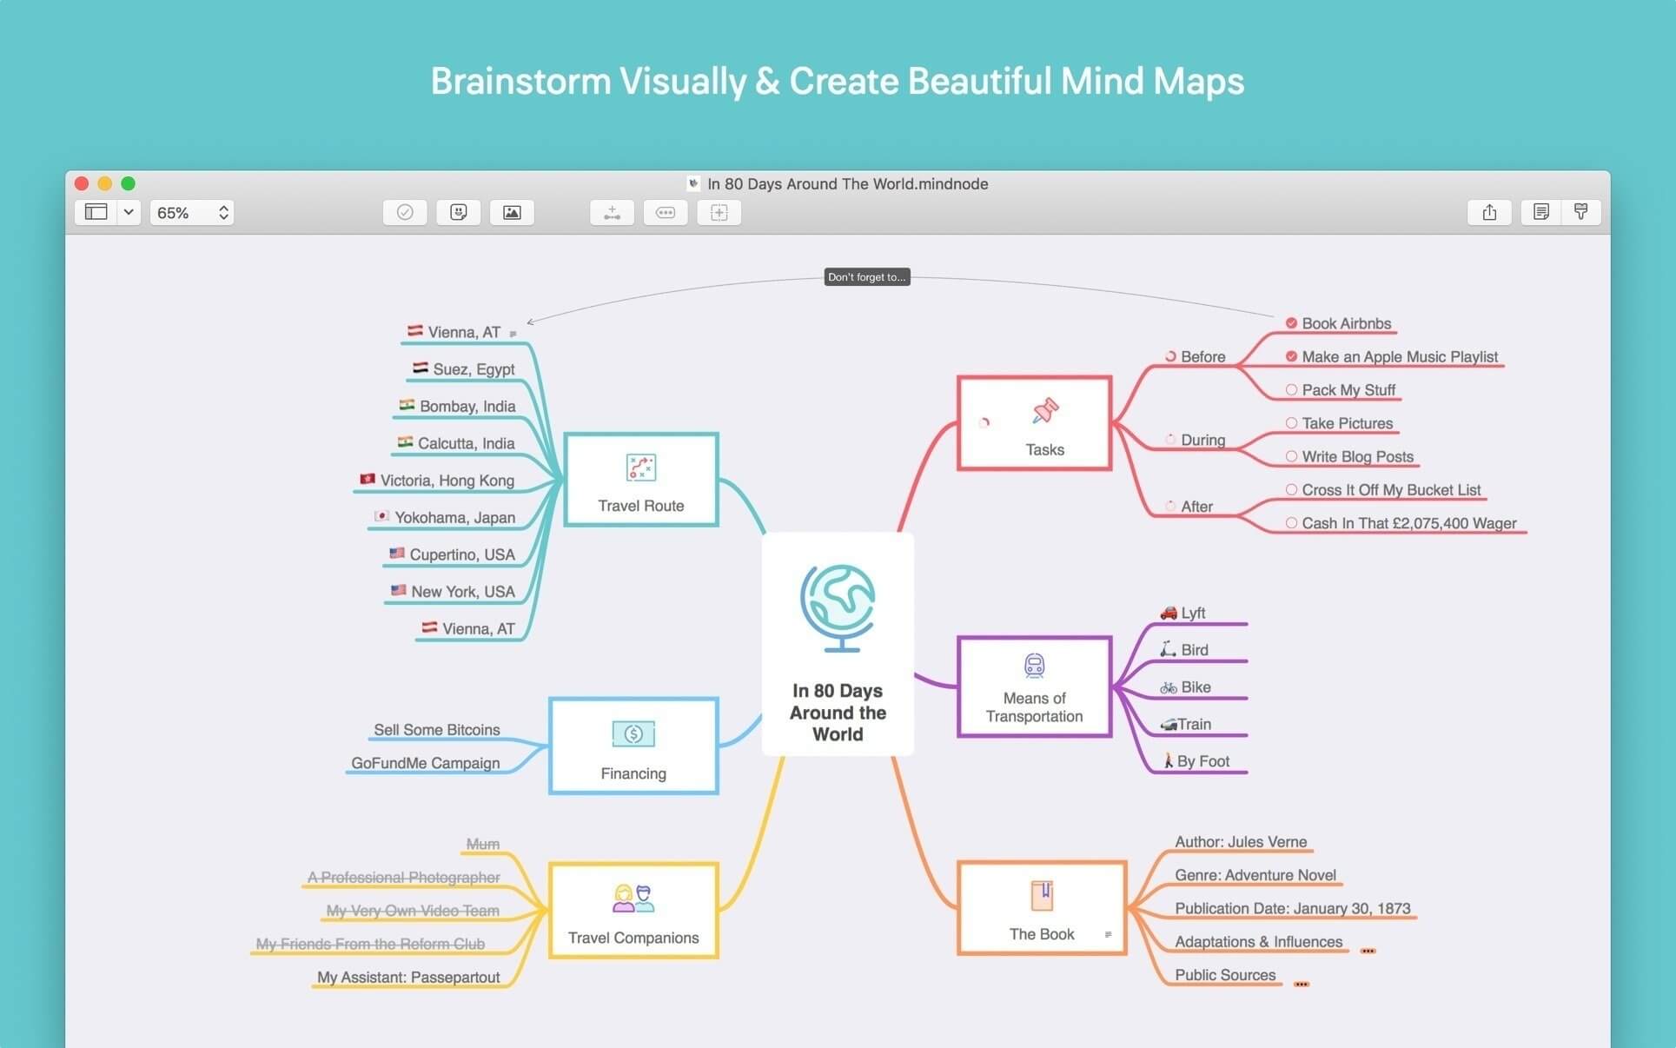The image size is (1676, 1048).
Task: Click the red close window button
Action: (82, 183)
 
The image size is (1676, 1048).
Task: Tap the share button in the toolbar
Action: (1489, 213)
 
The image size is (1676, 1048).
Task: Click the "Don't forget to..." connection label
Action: (866, 277)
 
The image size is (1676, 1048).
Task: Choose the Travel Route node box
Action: (641, 480)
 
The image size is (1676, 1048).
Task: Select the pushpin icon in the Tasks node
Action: (1045, 410)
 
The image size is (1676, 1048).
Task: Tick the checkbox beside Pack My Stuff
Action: (1291, 390)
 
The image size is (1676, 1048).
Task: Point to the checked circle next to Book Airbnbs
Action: (1291, 323)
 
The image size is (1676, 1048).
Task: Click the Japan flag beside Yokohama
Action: (381, 516)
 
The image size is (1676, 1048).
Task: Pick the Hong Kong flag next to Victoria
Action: (368, 479)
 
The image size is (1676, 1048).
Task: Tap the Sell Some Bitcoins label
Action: (436, 730)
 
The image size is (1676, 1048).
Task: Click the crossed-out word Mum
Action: (482, 844)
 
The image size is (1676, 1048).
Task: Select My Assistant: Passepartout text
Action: (408, 978)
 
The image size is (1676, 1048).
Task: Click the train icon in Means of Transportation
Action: (1034, 666)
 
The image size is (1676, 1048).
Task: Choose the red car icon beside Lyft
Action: (1169, 613)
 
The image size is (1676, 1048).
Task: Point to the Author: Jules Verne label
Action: (1241, 842)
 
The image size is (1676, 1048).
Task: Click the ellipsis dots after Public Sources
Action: (1301, 985)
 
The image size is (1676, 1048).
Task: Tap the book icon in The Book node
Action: (1042, 895)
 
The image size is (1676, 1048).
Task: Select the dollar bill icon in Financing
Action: (633, 734)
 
